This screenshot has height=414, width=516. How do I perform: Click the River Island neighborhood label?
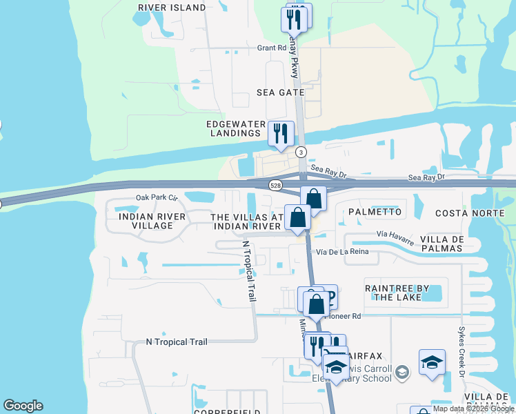[x=172, y=8]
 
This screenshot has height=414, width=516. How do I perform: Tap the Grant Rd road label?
[x=271, y=48]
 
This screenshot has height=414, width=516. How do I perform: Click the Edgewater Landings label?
[x=235, y=128]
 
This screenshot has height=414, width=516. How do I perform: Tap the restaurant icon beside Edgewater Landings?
[x=281, y=134]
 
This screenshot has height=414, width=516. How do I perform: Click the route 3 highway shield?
[x=301, y=151]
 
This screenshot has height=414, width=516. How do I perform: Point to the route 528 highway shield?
[x=275, y=186]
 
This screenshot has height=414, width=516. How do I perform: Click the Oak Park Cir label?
[x=157, y=197]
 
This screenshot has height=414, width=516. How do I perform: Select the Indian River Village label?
[x=152, y=221]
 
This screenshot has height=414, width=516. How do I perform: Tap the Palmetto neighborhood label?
[x=375, y=211]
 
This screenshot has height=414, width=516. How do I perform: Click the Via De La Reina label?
[x=347, y=253]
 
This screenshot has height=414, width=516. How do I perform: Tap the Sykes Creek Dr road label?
[x=462, y=345]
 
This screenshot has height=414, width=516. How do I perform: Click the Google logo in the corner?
[x=23, y=406]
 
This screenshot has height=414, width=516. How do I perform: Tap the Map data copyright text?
[x=473, y=409]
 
